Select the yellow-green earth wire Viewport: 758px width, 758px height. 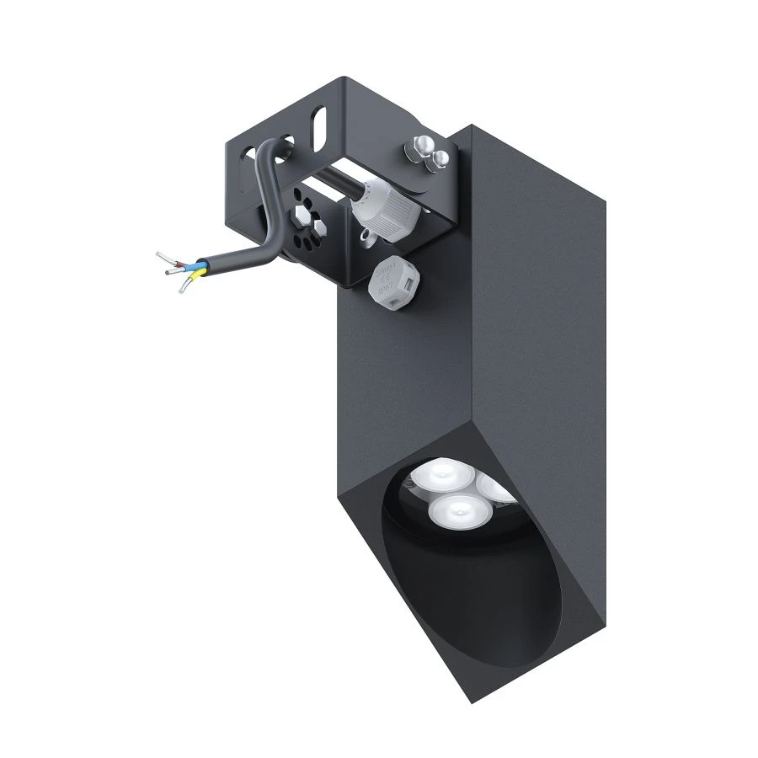pos(188,282)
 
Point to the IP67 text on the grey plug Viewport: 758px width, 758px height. pos(385,287)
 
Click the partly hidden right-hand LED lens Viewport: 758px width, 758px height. pos(493,490)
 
